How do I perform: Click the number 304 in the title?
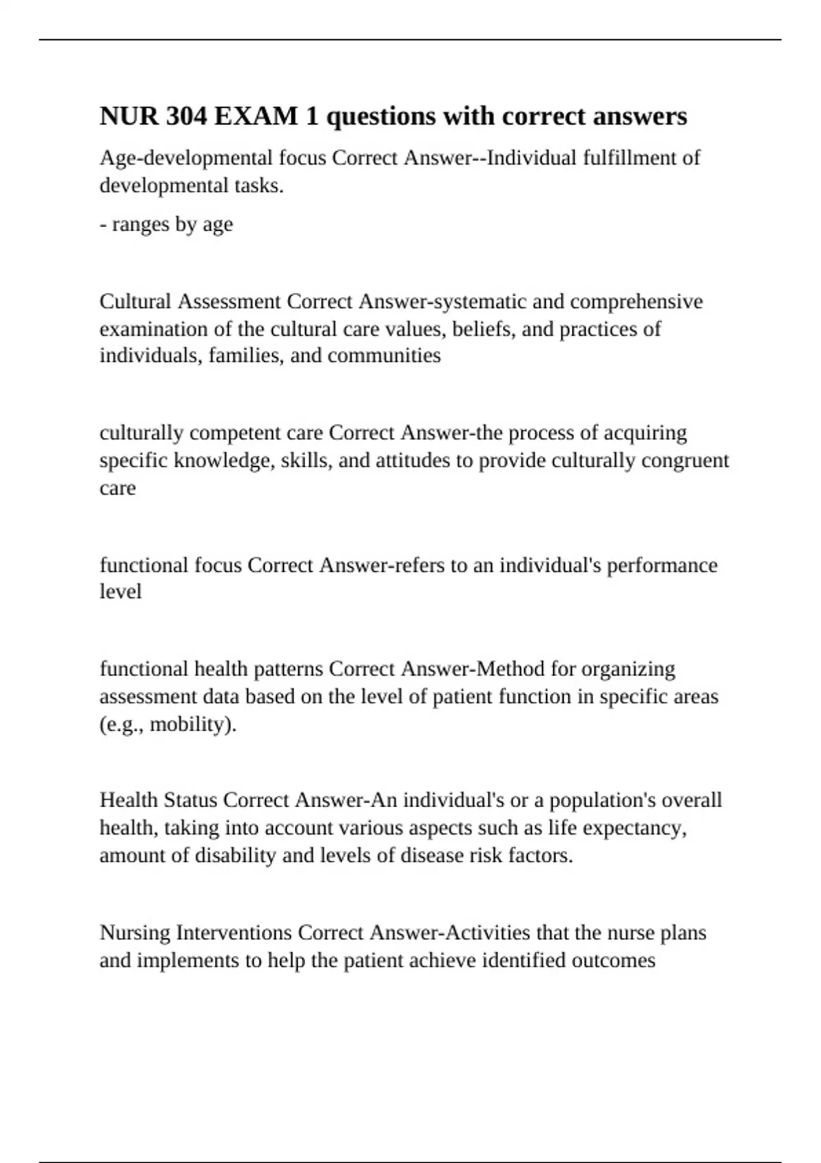click(185, 116)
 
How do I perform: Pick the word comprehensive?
click(636, 302)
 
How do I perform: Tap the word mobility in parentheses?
click(187, 724)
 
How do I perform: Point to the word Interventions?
click(234, 932)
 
